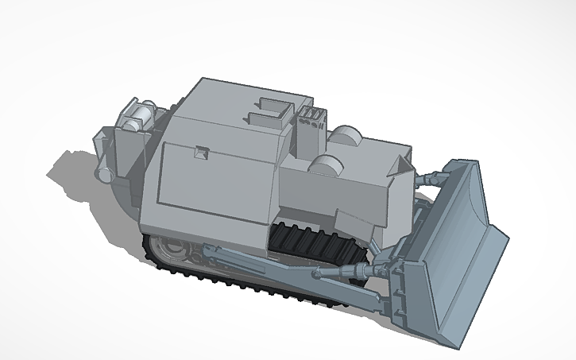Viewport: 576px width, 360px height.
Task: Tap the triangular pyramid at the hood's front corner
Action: click(399, 165)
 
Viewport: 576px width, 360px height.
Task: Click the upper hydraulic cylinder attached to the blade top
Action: click(429, 178)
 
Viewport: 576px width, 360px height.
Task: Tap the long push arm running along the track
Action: click(262, 262)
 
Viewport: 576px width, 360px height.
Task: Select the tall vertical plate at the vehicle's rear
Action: click(124, 155)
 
